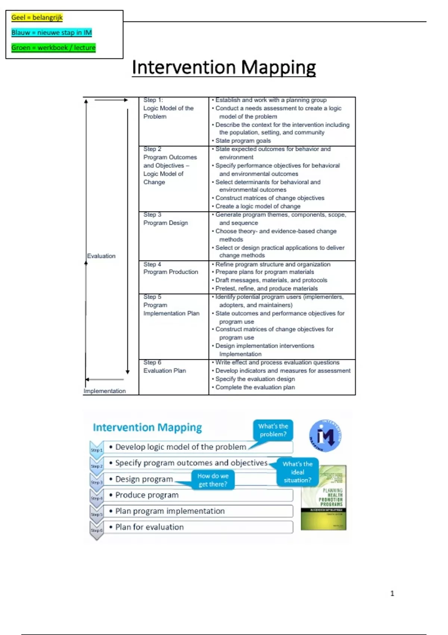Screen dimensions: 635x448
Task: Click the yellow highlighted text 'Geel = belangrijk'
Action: [37, 18]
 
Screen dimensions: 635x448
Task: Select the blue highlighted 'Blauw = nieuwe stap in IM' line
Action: [52, 32]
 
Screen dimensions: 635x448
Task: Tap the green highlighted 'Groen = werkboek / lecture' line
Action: [53, 48]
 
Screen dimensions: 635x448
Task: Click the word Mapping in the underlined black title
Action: [278, 68]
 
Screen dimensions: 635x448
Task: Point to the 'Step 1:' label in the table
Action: [153, 100]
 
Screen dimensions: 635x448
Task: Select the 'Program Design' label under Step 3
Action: [165, 223]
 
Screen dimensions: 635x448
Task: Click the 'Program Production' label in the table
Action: [171, 272]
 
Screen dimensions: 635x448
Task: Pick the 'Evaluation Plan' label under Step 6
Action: [165, 371]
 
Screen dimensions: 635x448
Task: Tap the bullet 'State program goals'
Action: [243, 141]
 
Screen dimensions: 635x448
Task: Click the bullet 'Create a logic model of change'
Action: [258, 206]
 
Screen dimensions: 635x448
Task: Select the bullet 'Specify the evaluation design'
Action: [255, 379]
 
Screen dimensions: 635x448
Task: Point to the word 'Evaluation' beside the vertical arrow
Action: [101, 256]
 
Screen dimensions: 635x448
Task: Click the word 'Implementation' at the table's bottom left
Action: [105, 391]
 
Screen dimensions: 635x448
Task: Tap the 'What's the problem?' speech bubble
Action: [273, 430]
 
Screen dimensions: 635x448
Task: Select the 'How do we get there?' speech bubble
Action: [213, 480]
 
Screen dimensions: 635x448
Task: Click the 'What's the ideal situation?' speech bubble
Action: [297, 472]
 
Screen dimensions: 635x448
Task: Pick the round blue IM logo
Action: [325, 436]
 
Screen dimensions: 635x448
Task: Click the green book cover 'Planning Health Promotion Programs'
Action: [324, 498]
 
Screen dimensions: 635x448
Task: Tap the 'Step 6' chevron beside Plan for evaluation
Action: [96, 530]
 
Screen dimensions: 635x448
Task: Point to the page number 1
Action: [392, 593]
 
